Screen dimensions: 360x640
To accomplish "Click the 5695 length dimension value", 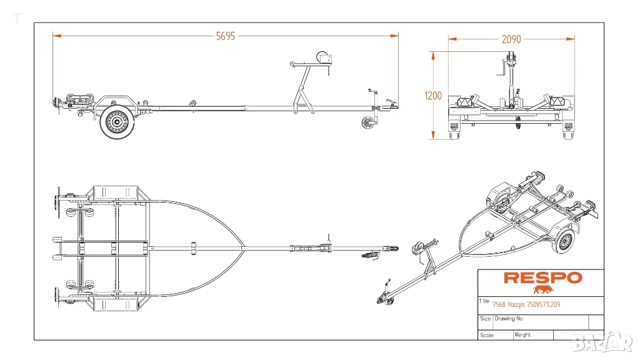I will [226, 36].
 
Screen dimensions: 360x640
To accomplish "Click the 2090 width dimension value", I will [511, 39].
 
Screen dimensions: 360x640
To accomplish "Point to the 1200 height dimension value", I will [432, 96].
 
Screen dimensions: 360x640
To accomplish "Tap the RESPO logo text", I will [542, 277].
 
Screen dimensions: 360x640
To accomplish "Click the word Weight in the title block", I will [522, 334].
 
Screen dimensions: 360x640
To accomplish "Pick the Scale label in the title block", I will [487, 335].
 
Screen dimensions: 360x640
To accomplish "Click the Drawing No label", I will [508, 319].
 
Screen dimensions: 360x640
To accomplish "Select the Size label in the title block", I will [486, 319].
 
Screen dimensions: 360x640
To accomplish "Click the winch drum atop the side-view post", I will [324, 59].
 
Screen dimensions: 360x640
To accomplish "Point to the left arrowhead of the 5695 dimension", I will [55, 36].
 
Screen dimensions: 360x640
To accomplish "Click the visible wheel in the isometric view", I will [564, 241].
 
